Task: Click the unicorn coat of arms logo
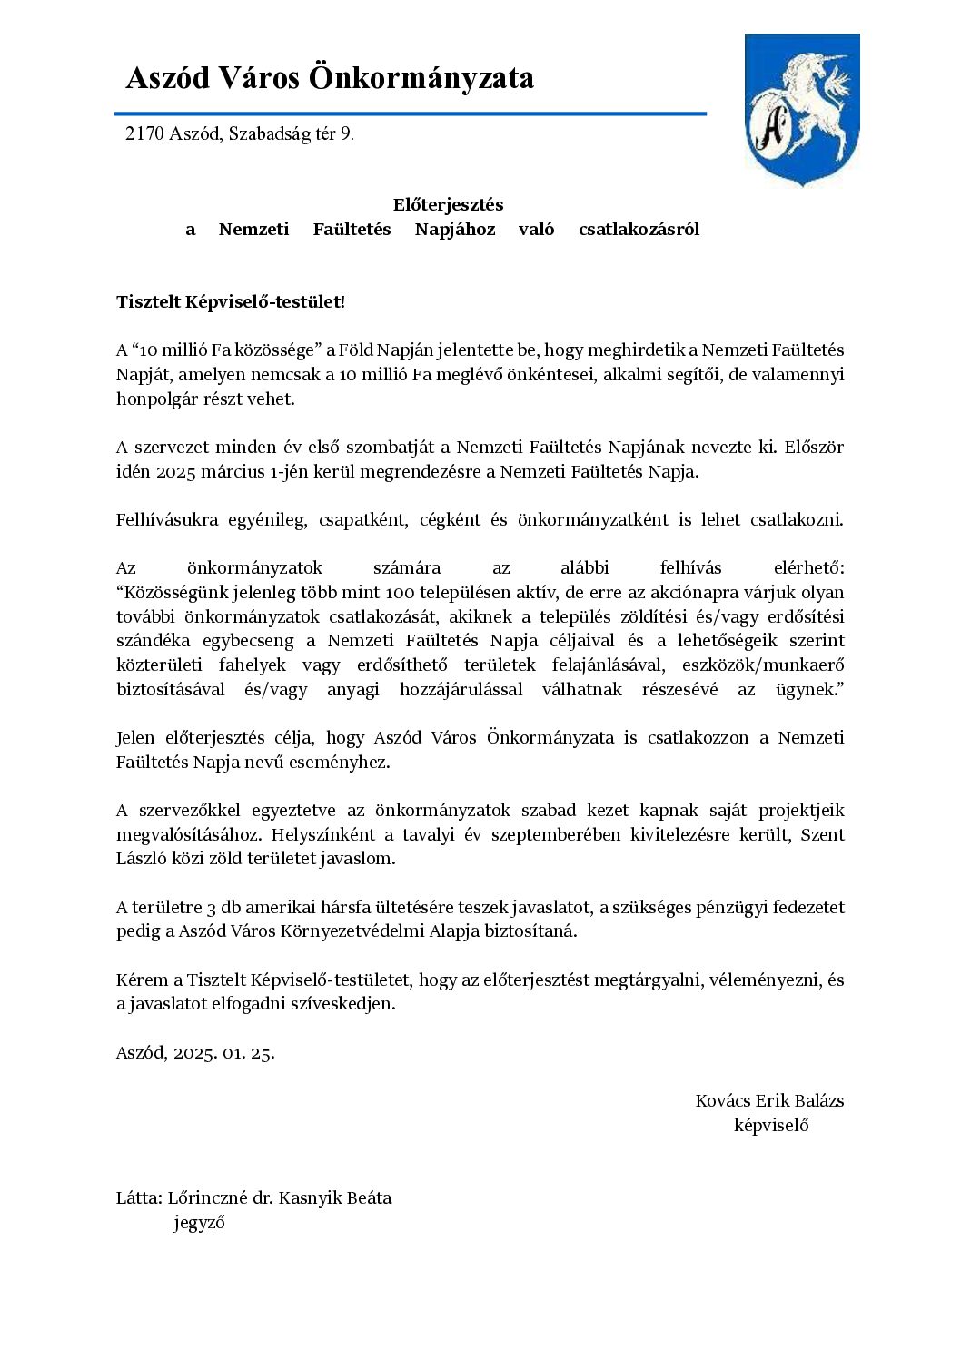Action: tap(801, 109)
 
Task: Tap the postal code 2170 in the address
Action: tap(144, 134)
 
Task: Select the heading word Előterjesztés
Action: tap(448, 205)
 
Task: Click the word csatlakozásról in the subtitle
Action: tap(639, 230)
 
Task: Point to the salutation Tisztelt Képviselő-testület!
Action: tap(231, 302)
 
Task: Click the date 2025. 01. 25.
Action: tap(223, 1053)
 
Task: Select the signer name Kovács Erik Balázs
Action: tap(769, 1101)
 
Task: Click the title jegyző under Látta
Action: tap(199, 1223)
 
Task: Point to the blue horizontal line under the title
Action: tap(410, 114)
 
